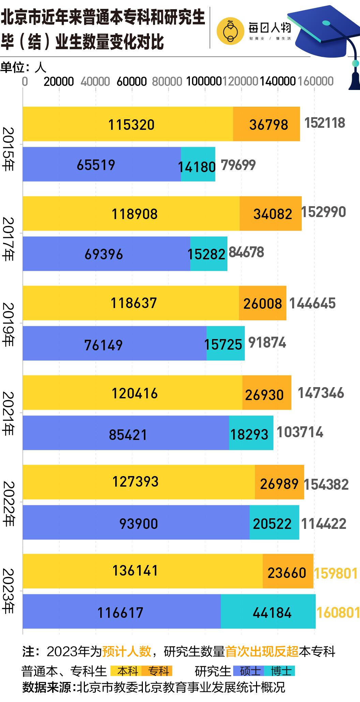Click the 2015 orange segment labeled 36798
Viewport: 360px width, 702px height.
pyautogui.click(x=267, y=124)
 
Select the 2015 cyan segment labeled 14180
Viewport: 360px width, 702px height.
pyautogui.click(x=198, y=164)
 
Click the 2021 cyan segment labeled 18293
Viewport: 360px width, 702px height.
pyautogui.click(x=251, y=433)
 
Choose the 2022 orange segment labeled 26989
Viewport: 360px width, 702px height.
pyautogui.click(x=279, y=482)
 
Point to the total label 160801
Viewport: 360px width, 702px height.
pyautogui.click(x=338, y=612)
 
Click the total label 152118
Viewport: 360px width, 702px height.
pyautogui.click(x=325, y=123)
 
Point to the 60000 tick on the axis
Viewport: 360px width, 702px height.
pyautogui.click(x=132, y=81)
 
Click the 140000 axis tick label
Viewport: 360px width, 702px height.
pyautogui.click(x=277, y=81)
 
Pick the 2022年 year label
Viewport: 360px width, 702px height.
pyautogui.click(x=8, y=503)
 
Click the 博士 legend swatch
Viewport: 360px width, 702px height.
pyautogui.click(x=281, y=671)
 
